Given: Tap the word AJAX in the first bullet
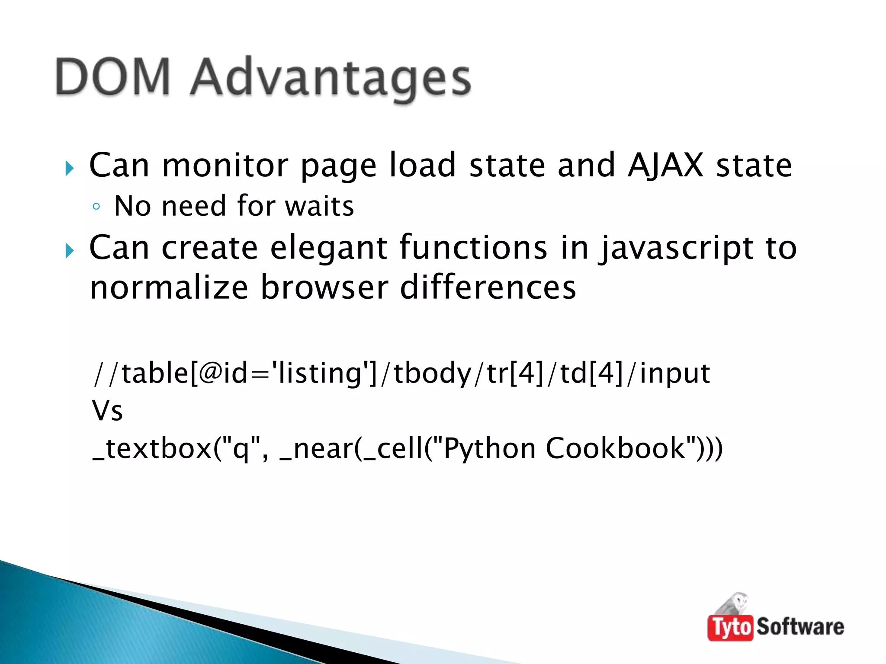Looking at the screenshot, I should click(665, 165).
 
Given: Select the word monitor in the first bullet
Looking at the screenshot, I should click(225, 165).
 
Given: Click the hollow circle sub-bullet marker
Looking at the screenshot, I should click(96, 207).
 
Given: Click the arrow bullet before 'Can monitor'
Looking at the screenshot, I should click(70, 168).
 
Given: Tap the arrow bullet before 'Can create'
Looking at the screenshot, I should click(70, 250).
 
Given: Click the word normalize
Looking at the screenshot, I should click(169, 288).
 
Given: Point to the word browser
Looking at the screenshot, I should click(324, 288).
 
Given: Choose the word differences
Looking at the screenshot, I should click(488, 288).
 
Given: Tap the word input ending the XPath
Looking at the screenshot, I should click(674, 373).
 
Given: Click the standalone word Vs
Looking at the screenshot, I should click(107, 411).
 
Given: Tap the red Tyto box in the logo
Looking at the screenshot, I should click(730, 627).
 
